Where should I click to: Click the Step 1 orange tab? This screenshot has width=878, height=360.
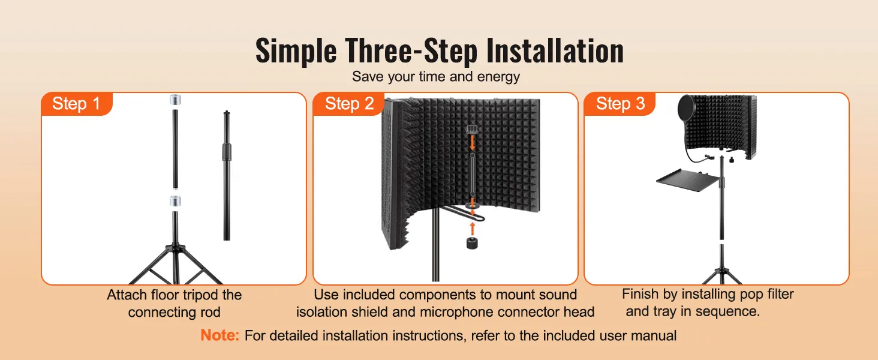pyautogui.click(x=76, y=104)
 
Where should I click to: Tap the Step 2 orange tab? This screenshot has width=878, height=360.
pyautogui.click(x=349, y=104)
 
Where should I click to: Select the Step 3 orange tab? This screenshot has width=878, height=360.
pyautogui.click(x=620, y=104)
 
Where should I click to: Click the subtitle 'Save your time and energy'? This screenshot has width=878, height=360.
pyautogui.click(x=435, y=76)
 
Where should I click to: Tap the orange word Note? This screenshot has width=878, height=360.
pyautogui.click(x=220, y=335)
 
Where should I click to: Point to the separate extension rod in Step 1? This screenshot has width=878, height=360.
pyautogui.click(x=227, y=174)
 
